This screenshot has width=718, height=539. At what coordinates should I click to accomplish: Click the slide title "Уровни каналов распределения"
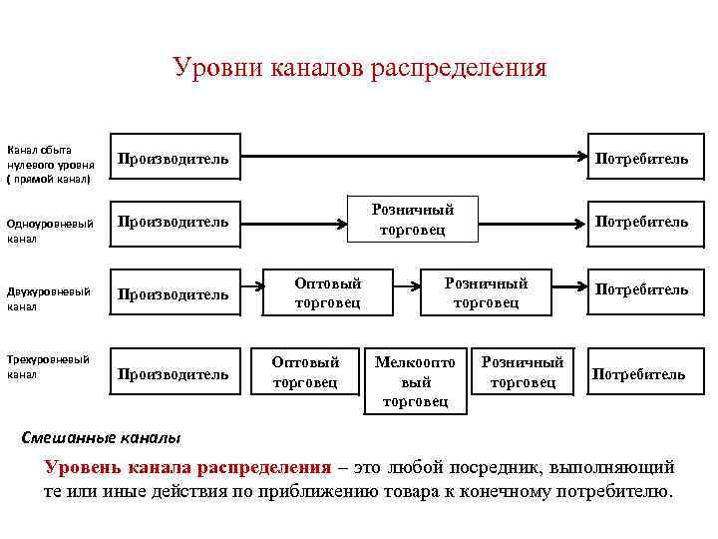click(x=359, y=68)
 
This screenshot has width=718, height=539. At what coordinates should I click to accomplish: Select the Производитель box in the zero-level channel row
click(x=174, y=158)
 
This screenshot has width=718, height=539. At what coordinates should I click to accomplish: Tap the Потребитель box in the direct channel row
click(x=641, y=158)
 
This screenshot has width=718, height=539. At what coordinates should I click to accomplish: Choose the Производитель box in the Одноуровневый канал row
click(x=174, y=221)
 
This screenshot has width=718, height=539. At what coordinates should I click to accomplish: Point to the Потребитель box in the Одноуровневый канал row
click(x=641, y=221)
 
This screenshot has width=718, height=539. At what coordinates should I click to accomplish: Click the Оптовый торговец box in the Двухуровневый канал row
click(x=327, y=292)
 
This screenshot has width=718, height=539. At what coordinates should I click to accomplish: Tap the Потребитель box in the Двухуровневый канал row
click(x=641, y=290)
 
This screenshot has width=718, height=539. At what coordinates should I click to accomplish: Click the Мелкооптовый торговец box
click(x=415, y=381)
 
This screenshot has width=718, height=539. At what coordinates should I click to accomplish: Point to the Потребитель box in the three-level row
click(x=638, y=374)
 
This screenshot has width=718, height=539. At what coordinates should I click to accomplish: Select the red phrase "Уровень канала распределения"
click(x=187, y=467)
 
